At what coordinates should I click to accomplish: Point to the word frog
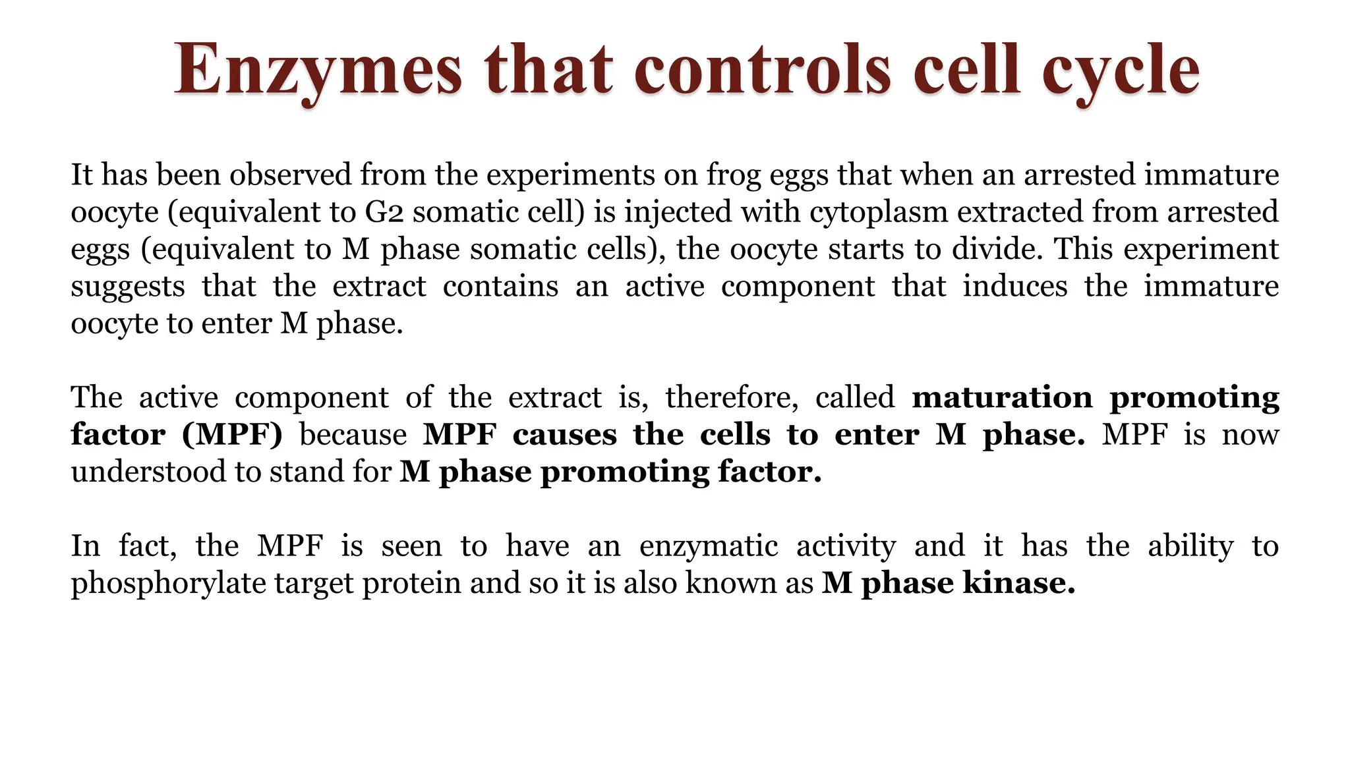click(732, 175)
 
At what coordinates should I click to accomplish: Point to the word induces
click(1014, 286)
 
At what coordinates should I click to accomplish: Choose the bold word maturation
click(1002, 397)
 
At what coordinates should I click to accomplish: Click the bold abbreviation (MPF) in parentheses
click(232, 435)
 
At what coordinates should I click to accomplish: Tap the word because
click(353, 435)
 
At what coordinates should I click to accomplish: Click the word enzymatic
click(708, 546)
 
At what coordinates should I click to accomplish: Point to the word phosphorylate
click(167, 584)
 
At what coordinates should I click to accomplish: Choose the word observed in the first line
click(290, 175)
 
